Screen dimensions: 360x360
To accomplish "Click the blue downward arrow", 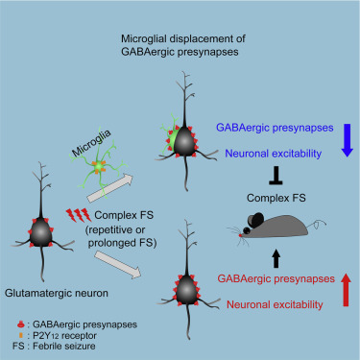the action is (348, 140).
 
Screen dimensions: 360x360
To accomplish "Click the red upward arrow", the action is (346, 290).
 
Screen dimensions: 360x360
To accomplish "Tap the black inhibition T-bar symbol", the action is (276, 179).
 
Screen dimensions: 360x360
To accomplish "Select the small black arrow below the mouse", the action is (276, 259).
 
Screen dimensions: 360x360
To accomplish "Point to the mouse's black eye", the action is (247, 230).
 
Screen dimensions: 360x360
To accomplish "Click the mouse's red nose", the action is (240, 235).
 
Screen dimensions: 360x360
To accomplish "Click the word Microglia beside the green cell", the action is (91, 143).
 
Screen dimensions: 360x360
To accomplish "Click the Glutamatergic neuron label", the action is (57, 293).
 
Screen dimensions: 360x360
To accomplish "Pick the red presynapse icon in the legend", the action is (21, 324).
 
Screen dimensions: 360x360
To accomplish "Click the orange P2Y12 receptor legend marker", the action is (21, 335).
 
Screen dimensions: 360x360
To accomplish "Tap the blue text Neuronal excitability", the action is (274, 154).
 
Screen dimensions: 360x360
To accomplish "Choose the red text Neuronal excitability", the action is (275, 304).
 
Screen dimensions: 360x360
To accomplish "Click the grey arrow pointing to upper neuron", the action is (110, 188).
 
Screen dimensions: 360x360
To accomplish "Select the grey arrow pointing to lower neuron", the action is (118, 265).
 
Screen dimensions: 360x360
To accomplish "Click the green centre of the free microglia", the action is (99, 167).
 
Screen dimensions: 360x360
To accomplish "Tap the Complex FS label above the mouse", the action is (276, 198).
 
